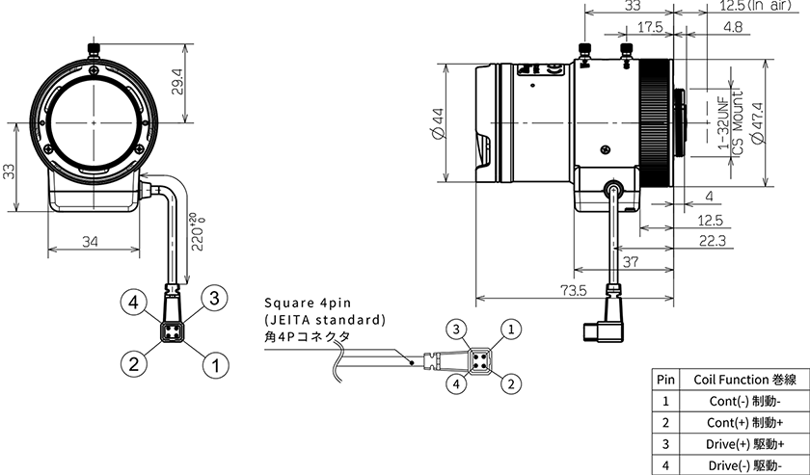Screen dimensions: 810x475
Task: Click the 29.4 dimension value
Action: pos(177,83)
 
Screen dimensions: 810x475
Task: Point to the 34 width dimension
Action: pos(90,241)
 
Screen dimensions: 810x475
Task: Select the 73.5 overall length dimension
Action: pos(574,291)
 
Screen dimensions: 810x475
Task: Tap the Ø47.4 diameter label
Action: pos(757,123)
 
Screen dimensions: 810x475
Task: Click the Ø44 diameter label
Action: pos(438,123)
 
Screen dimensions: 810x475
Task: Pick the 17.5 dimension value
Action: pos(649,26)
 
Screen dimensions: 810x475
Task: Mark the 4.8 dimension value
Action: pos(733,26)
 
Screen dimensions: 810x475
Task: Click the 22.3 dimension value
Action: pos(712,241)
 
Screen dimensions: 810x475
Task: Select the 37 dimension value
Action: pos(631,262)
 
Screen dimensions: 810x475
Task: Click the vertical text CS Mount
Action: pos(738,123)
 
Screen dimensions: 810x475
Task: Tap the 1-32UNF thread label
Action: pos(724,123)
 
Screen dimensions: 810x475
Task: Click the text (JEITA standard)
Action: pos(325,320)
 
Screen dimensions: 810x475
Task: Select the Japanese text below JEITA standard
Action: pos(307,336)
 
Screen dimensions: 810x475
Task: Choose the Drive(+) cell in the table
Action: pos(744,444)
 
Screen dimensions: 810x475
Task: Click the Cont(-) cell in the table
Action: pos(744,401)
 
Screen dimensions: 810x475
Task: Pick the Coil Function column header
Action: pos(744,380)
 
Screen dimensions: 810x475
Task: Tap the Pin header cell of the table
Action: pos(666,380)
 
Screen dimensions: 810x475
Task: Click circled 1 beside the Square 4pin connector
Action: pos(511,329)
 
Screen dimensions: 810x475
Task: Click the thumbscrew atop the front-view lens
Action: pos(94,51)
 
